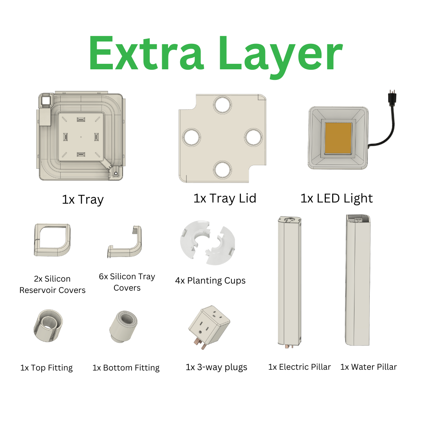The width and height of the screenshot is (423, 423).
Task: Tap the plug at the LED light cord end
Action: pos(390,98)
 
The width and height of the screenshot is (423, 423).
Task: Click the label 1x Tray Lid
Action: pos(224,198)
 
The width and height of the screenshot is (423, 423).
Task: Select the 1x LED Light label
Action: pos(336,198)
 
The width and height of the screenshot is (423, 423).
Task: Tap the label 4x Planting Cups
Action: pos(210,280)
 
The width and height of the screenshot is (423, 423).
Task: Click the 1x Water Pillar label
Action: pos(369,367)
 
